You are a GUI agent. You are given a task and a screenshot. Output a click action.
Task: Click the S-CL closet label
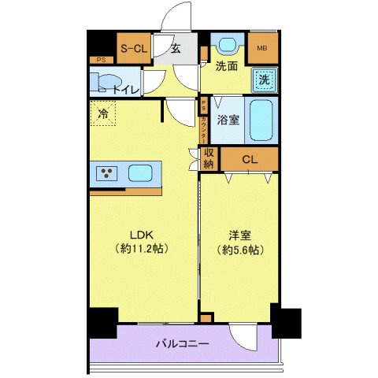pyautogui.click(x=134, y=49)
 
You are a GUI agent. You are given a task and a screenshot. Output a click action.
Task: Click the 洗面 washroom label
pyautogui.click(x=228, y=67)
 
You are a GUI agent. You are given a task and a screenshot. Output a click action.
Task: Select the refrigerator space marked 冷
pyautogui.click(x=102, y=114)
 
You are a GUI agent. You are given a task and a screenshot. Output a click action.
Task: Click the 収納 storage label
pyautogui.click(x=209, y=158)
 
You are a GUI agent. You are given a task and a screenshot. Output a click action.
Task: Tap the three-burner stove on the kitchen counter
pyautogui.click(x=106, y=172)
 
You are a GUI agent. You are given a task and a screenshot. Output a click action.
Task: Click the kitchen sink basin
pyautogui.click(x=141, y=172)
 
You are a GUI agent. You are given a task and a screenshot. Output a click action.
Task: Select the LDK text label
pyautogui.click(x=142, y=234)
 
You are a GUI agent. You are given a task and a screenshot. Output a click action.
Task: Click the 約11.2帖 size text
pyautogui.click(x=142, y=248)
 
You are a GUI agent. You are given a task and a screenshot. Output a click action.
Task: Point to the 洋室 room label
pyautogui.click(x=239, y=234)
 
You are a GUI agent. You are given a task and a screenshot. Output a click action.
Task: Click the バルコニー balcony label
pyautogui.click(x=182, y=344)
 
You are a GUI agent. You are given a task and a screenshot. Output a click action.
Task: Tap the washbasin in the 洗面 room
pyautogui.click(x=229, y=46)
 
